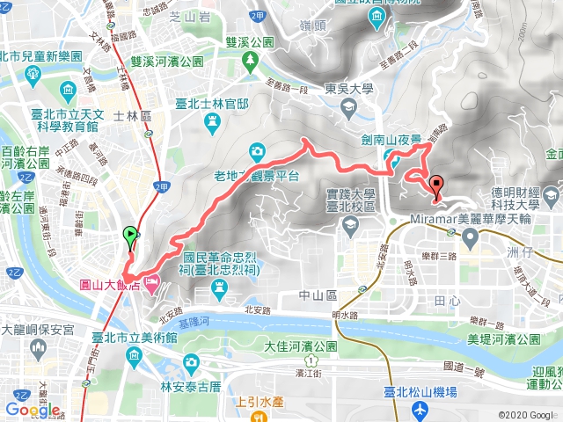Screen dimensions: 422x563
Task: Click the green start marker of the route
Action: (131, 235)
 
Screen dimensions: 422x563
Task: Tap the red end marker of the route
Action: (436, 185)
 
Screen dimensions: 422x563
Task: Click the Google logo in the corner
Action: (33, 410)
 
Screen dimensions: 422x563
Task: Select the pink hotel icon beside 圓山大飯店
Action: (151, 282)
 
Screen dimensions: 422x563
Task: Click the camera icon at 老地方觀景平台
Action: (255, 150)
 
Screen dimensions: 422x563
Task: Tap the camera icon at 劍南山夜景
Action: (389, 157)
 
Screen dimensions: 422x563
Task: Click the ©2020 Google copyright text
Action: (526, 414)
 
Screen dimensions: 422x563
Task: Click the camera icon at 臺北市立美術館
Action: (133, 356)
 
